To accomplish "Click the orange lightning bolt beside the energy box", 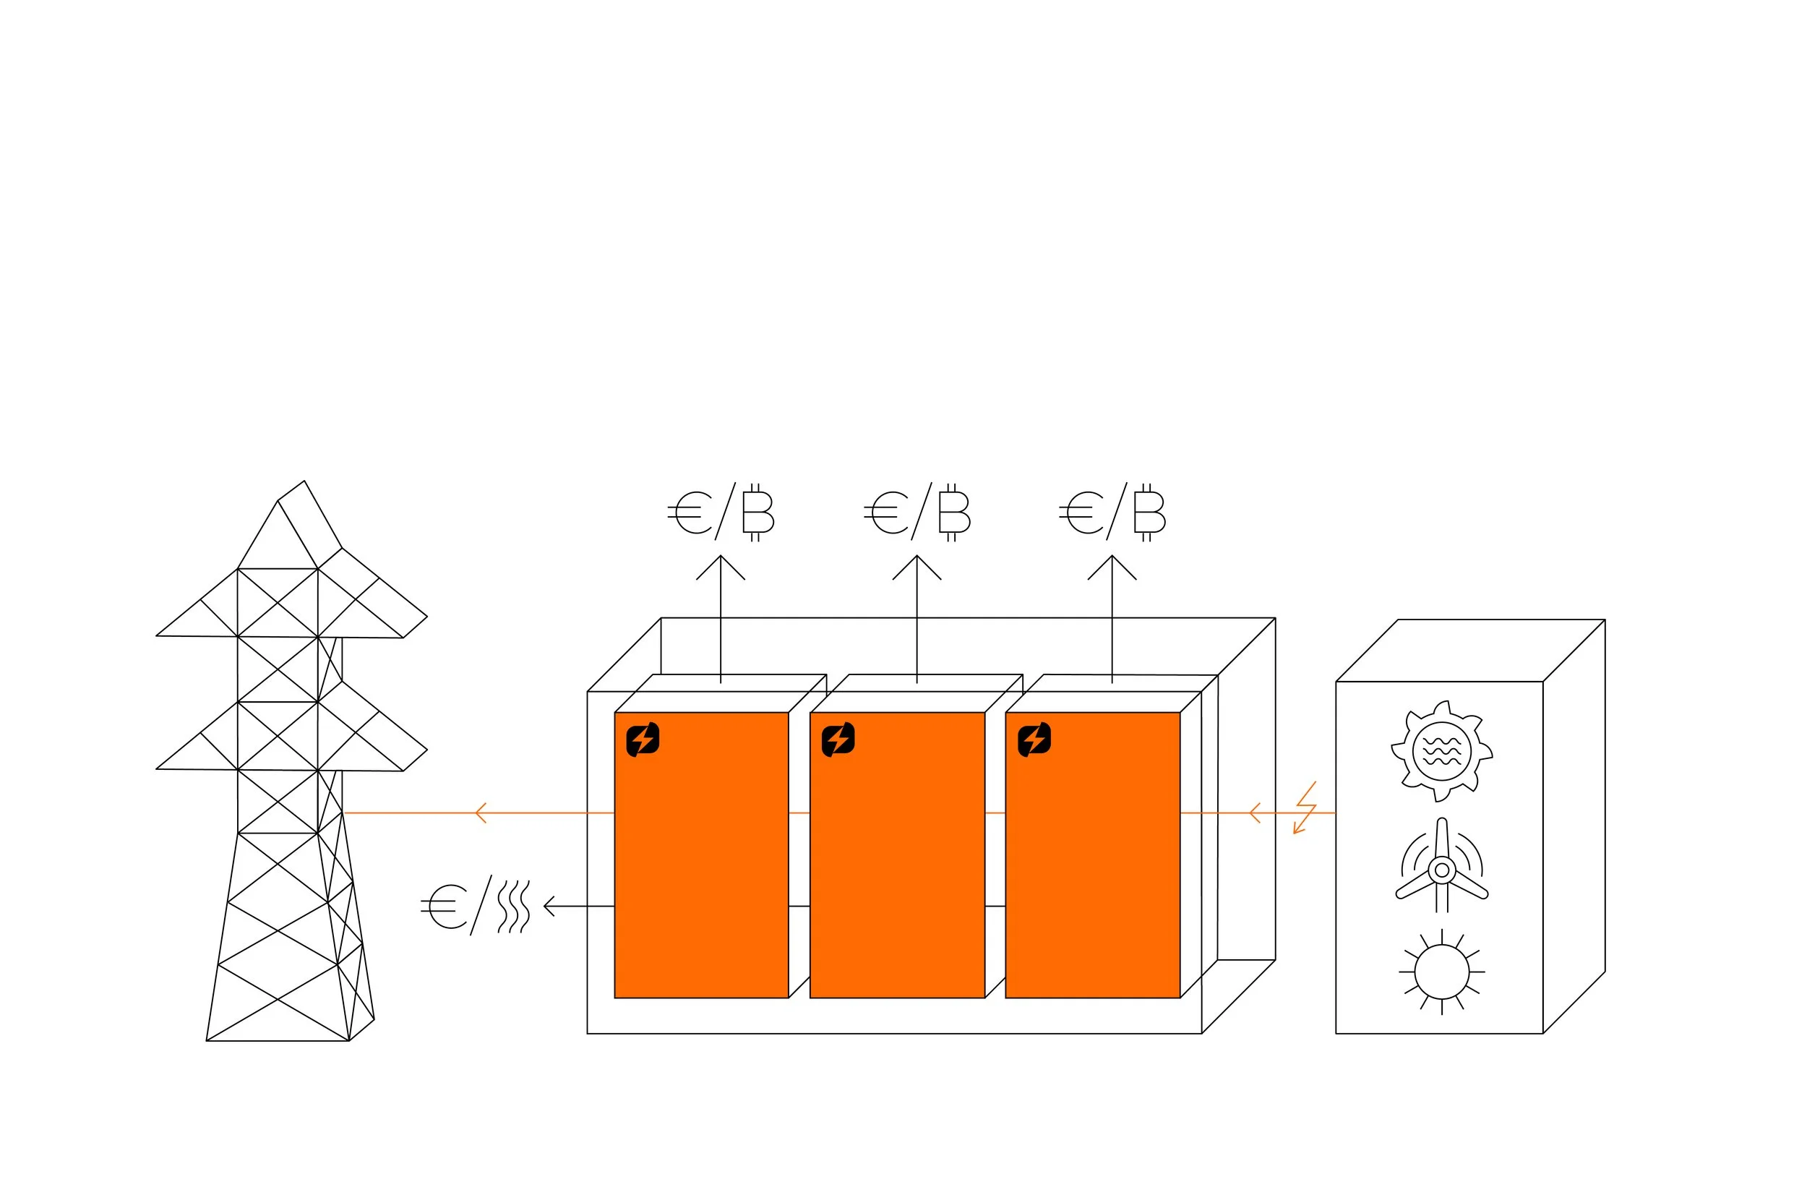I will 1305,808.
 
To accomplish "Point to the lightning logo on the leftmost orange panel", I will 643,739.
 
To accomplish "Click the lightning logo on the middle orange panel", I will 838,739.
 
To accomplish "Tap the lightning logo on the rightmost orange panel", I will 1034,739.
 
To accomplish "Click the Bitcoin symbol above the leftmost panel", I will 757,512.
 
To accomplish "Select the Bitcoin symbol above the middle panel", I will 953,512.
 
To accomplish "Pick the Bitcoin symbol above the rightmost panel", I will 1148,512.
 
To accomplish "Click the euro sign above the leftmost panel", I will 690,513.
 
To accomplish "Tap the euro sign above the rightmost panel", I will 1081,513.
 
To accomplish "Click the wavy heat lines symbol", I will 514,906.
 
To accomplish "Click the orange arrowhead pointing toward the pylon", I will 480,813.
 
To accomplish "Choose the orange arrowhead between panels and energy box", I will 1253,813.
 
